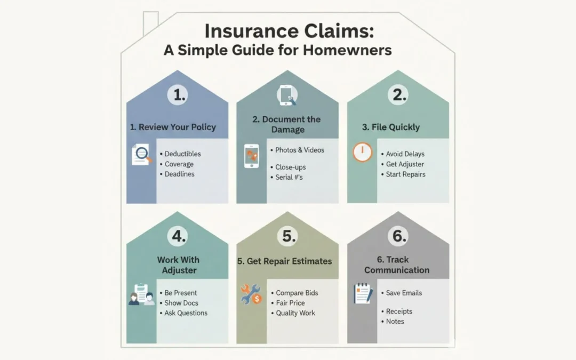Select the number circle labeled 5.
(x=289, y=236)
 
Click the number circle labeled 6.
(x=398, y=236)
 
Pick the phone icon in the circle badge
(x=287, y=95)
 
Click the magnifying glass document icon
(x=141, y=155)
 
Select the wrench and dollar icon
(x=251, y=294)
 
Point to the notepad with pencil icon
(x=363, y=294)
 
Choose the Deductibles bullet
(x=182, y=154)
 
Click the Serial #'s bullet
(x=289, y=177)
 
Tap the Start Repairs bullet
(x=405, y=174)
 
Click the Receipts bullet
(x=399, y=311)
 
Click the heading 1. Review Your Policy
(x=173, y=127)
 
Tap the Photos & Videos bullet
(x=299, y=150)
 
